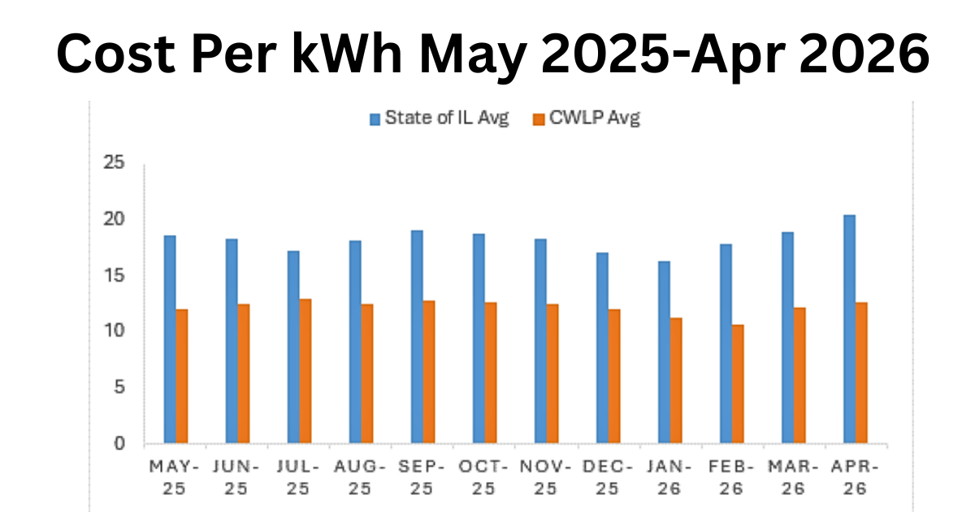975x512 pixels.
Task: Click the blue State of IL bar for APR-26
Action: coord(849,329)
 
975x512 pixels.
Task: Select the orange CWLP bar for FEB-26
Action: coord(738,384)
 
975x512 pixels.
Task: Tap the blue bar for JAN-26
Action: coord(664,352)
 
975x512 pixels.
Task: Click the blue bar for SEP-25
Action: coord(417,337)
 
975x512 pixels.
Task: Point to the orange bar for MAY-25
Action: coord(182,376)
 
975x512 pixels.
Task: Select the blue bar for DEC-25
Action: coord(602,348)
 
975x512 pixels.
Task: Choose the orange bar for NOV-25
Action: coord(552,374)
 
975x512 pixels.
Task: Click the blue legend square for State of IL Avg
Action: coord(375,119)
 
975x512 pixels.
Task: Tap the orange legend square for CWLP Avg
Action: coord(539,119)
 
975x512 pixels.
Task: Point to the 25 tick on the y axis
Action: coord(114,163)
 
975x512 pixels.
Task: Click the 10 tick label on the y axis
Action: coord(114,331)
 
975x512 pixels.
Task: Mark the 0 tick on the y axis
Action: coord(119,444)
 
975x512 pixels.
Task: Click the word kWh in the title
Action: coord(347,54)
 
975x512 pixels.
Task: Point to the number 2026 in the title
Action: coord(864,54)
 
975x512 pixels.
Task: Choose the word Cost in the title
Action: coord(115,54)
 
